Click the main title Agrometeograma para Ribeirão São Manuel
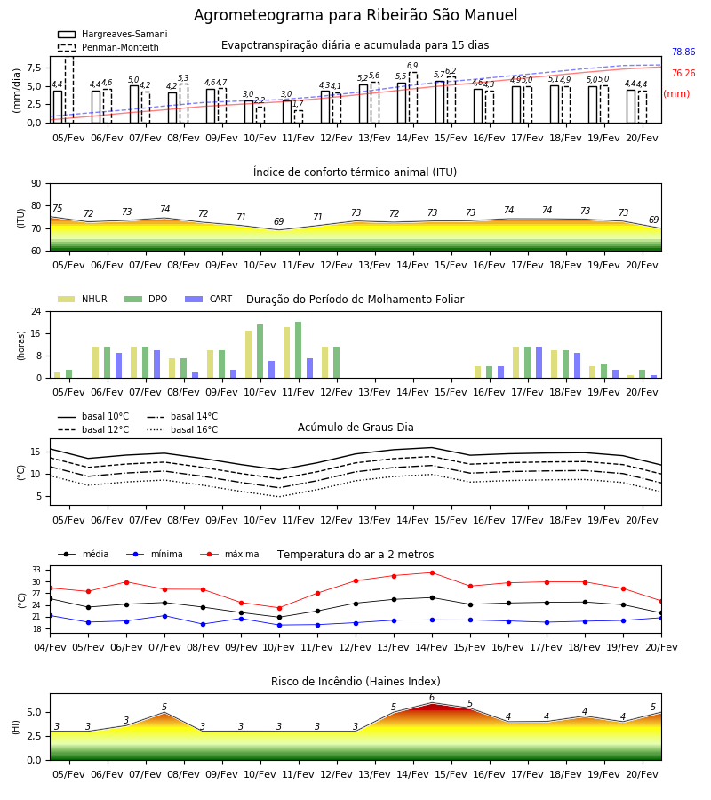355,15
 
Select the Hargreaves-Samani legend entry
113,34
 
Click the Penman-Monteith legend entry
108,47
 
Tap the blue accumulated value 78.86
683,52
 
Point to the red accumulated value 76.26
683,74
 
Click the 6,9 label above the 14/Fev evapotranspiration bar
412,66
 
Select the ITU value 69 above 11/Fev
278,221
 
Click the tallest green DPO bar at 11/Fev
299,350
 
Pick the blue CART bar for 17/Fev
539,363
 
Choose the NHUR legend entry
83,299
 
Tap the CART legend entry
209,299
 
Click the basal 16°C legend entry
182,429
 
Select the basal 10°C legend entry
93,416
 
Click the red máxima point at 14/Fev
432,573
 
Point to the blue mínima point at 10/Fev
279,625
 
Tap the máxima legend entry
229,554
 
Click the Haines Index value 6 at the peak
432,698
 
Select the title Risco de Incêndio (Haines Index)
355,682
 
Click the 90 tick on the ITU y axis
36,184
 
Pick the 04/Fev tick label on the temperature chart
50,647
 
